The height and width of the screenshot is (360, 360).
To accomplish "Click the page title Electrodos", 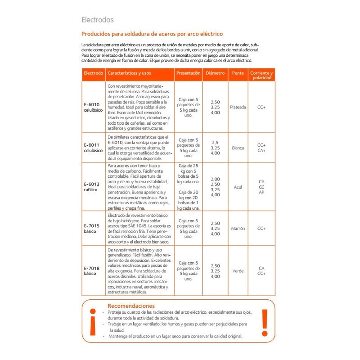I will click(97, 20).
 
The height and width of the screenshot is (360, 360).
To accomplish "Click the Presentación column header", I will click(188, 72).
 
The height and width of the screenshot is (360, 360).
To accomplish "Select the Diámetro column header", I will click(215, 72).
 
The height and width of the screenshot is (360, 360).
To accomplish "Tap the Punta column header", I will click(238, 72).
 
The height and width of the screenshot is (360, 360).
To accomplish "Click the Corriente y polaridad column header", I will click(261, 75).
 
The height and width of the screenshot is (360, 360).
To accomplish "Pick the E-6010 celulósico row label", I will click(93, 107).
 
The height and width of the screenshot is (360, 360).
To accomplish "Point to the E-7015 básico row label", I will click(91, 228).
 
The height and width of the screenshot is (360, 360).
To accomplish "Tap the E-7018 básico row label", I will click(91, 270).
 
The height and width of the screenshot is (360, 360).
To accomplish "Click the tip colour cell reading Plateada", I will click(238, 107).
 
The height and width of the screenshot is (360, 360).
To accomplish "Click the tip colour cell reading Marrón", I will click(238, 228).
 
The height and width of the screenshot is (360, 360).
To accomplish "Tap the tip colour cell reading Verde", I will click(238, 270).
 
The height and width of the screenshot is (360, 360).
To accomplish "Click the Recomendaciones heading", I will click(131, 306).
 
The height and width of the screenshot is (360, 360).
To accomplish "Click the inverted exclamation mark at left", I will click(93, 323).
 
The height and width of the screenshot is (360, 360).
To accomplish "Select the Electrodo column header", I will click(93, 72).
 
